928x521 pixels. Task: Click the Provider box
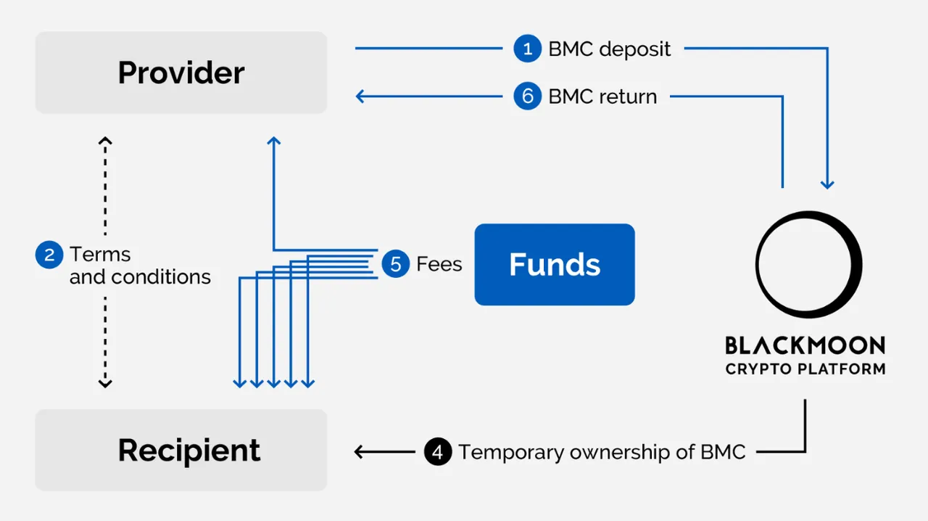tap(181, 73)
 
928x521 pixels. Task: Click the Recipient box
tap(181, 450)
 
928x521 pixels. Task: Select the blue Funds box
tap(555, 265)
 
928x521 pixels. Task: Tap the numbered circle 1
tap(527, 49)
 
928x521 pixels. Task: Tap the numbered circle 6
tap(527, 97)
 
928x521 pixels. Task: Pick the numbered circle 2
tap(49, 255)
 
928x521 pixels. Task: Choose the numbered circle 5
tap(396, 263)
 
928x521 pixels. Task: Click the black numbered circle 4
tap(438, 452)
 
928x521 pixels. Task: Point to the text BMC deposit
tap(610, 49)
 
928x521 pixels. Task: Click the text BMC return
tap(602, 97)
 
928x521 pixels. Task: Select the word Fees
tap(439, 264)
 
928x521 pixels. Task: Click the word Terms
tap(100, 254)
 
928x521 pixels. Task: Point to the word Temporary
tap(511, 453)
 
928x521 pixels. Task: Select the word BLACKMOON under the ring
tap(805, 345)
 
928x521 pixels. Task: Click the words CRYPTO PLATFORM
tap(805, 369)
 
